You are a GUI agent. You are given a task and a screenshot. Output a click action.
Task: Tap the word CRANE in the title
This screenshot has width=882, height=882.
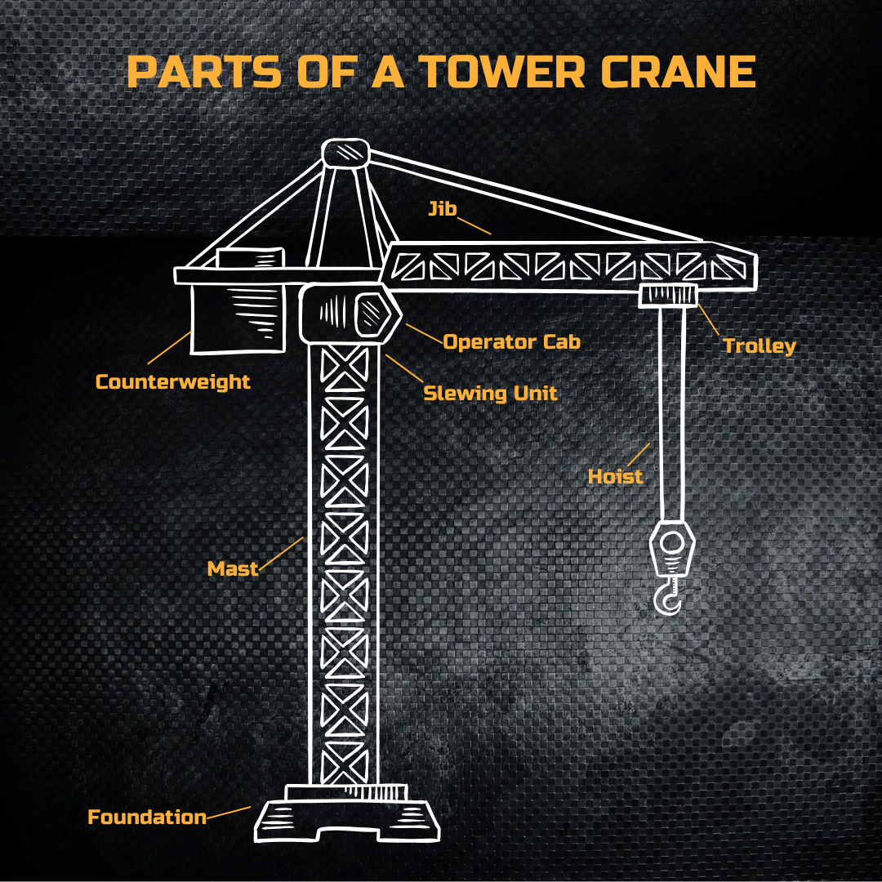coord(679,72)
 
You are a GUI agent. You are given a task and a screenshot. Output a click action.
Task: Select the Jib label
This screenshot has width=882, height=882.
coord(442,209)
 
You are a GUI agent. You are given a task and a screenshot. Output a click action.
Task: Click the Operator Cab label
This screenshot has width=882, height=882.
coord(511,341)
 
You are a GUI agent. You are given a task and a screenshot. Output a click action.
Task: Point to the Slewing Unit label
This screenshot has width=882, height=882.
coord(490,393)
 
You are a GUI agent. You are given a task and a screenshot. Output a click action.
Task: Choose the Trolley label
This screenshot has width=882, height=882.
coord(759,346)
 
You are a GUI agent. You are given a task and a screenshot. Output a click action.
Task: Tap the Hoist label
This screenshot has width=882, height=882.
coord(615,476)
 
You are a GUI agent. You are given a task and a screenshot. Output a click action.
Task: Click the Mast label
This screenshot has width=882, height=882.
coord(232,569)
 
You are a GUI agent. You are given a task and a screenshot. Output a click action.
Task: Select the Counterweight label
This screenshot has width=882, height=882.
coord(172,381)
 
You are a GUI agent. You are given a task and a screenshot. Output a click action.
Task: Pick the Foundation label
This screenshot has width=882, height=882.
coord(147,817)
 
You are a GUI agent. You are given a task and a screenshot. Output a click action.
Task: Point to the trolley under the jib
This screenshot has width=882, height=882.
coord(667,296)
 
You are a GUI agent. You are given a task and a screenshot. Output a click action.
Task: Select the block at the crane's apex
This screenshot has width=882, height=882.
coord(345,154)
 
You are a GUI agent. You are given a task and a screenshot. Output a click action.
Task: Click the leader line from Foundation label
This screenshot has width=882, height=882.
coord(229,812)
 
